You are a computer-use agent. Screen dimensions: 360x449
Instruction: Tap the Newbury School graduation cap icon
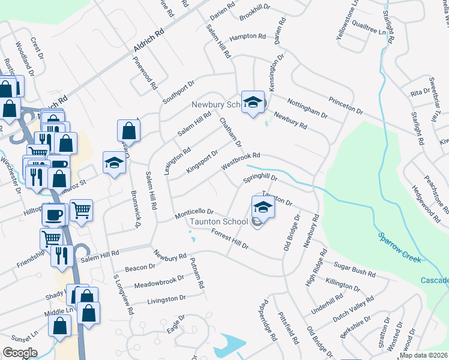click(x=253, y=101)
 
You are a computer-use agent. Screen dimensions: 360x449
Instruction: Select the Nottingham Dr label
click(x=307, y=107)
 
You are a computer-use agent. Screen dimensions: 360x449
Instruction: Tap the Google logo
click(x=20, y=353)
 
